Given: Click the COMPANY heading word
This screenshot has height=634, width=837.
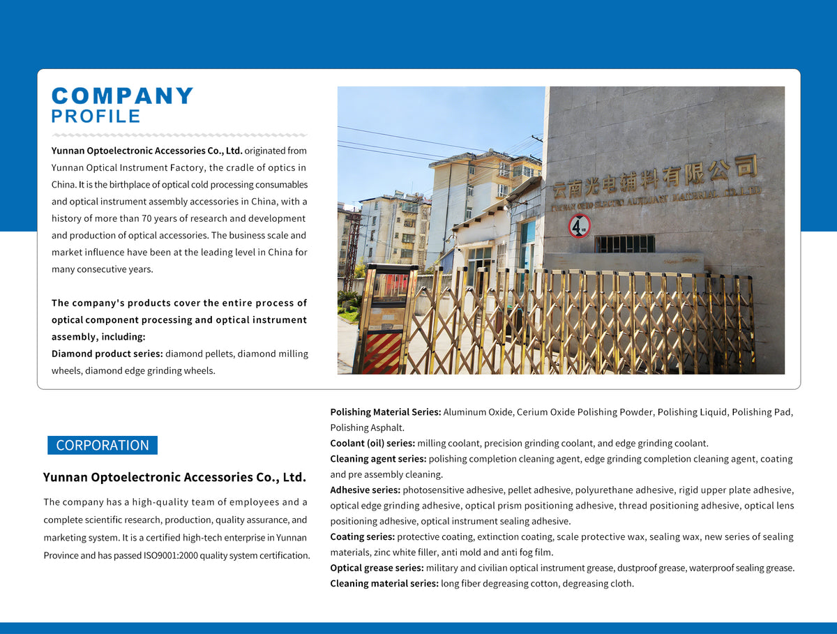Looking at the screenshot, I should pos(123,96).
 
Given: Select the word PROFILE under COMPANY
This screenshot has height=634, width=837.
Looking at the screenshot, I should pos(96,116).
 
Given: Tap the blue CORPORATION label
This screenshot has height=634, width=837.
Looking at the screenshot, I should pos(103,445).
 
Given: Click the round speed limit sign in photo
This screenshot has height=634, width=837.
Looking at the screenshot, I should pos(580,225).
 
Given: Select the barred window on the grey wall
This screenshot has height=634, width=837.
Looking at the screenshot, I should pos(624,243).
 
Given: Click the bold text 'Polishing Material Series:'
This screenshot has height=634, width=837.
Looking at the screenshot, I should pos(385,412).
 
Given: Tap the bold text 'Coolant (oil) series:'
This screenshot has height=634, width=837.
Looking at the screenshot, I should pos(372,443).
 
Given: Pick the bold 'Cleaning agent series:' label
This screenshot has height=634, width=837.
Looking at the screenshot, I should pos(378,459).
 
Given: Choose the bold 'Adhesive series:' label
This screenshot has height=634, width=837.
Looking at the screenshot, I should pos(365,490).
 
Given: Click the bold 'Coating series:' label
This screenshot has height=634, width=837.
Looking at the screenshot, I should pos(362,536).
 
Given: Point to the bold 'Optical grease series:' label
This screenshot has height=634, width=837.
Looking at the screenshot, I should pos(377,568).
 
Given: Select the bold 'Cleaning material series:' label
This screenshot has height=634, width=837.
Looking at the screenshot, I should pos(384,583).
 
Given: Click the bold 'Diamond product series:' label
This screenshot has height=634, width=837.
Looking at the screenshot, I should pos(107,354).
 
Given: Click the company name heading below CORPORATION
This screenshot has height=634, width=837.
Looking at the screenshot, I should pos(174,477).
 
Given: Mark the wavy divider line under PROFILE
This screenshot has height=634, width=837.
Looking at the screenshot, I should pos(179,135).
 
